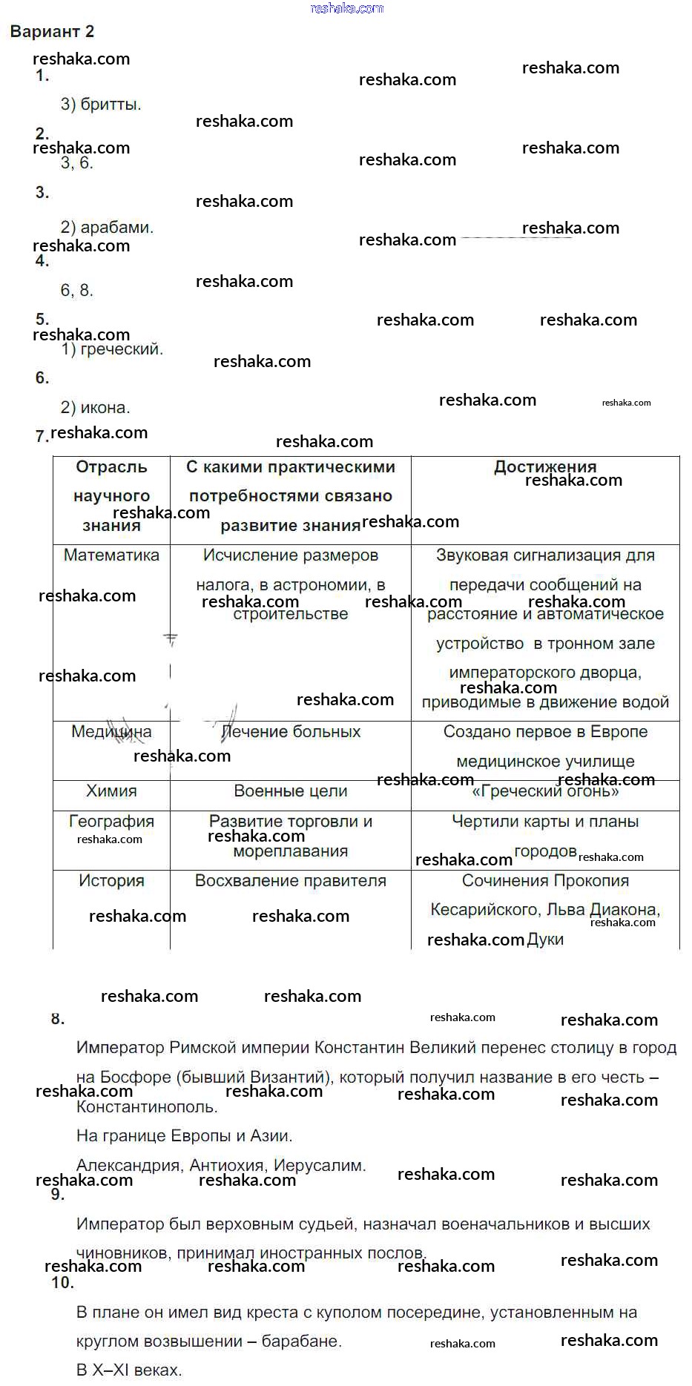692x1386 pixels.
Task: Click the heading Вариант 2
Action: [52, 31]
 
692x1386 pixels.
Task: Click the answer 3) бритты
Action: [101, 104]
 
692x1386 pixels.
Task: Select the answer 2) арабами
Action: [107, 227]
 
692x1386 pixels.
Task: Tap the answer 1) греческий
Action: [111, 349]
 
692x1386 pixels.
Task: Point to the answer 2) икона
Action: [95, 407]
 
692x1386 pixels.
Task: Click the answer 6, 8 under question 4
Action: [76, 290]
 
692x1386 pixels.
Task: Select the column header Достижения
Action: [545, 466]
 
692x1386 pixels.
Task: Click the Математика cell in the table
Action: [111, 555]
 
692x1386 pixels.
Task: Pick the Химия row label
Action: [111, 791]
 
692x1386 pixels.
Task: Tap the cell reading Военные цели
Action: [290, 791]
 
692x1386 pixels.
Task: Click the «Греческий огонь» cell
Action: [545, 791]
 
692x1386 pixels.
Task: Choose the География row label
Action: [111, 821]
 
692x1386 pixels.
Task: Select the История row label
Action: [111, 880]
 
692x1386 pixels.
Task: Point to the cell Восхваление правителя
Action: [290, 880]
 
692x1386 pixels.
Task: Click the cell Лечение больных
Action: [291, 731]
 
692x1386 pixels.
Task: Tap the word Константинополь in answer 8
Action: [146, 1106]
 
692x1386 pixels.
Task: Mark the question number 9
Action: [58, 1194]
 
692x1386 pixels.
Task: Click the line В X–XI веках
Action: [129, 1370]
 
